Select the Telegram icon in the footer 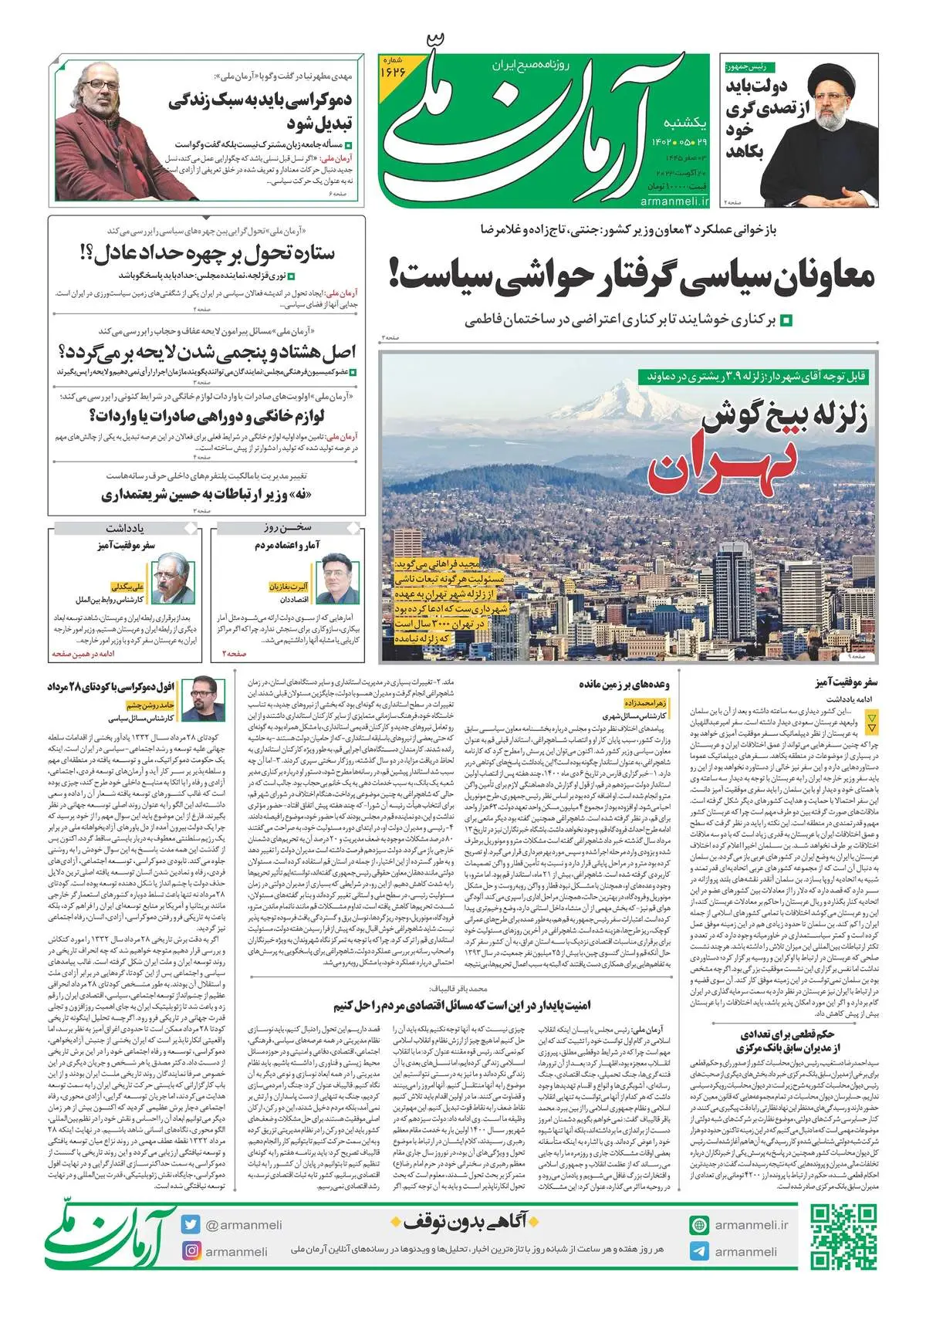pyautogui.click(x=699, y=1251)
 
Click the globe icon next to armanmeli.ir pyautogui.click(x=699, y=1224)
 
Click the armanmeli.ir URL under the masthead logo pyautogui.click(x=674, y=201)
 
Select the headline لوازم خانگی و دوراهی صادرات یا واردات pyautogui.click(x=207, y=417)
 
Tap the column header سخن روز pyautogui.click(x=290, y=530)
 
